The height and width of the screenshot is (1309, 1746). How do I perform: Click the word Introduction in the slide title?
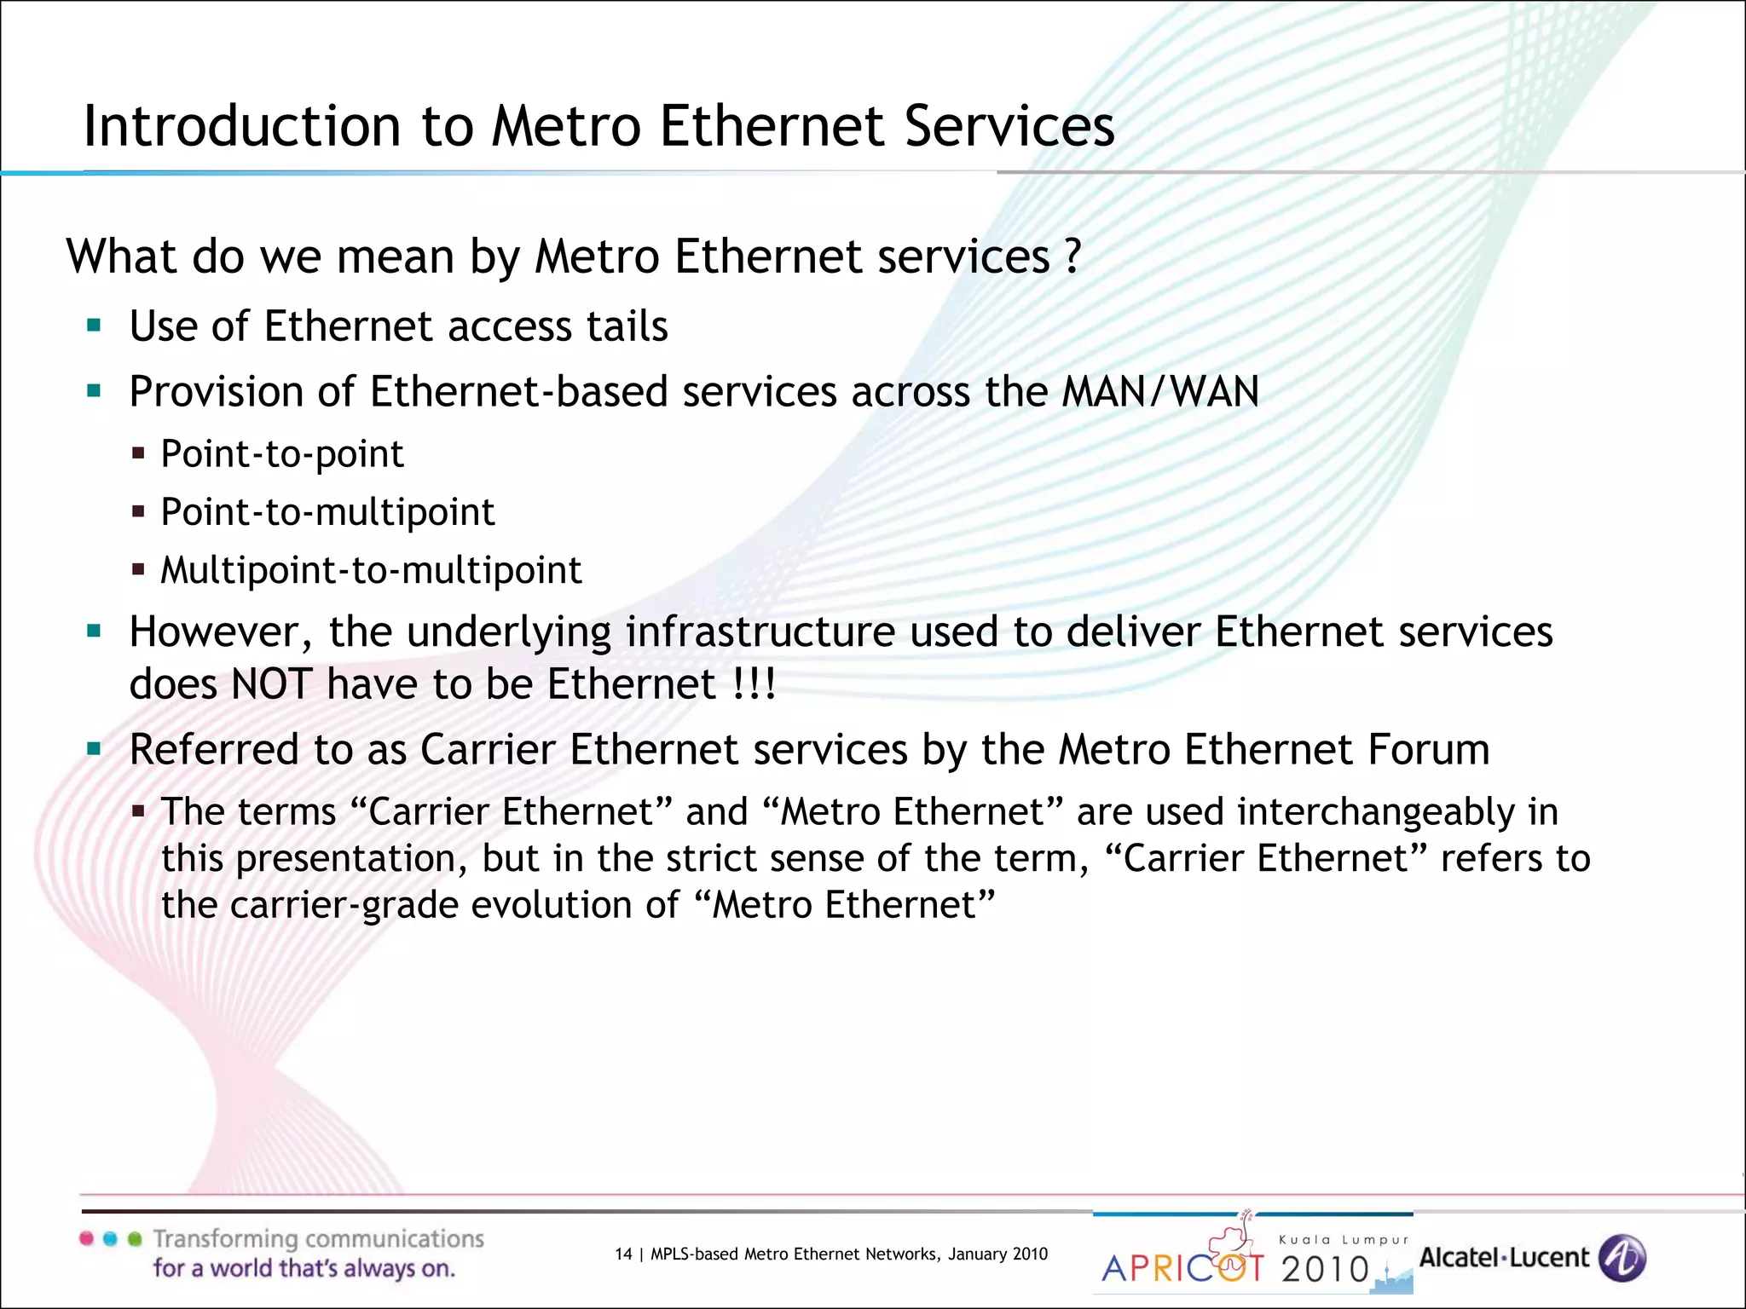pos(241,126)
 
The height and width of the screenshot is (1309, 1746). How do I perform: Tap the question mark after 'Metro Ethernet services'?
pos(1072,256)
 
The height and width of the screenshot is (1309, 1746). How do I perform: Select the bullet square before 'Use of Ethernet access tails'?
pos(94,325)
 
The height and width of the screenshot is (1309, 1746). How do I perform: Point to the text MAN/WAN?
pos(1160,392)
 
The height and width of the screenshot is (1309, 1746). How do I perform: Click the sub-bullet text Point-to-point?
pos(281,453)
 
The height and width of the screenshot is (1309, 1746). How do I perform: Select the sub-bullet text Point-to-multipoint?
pos(327,511)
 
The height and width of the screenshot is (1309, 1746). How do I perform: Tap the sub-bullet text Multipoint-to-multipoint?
pos(371,570)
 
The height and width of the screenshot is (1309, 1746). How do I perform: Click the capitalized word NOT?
pos(271,684)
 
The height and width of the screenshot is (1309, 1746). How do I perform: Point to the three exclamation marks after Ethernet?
pos(754,684)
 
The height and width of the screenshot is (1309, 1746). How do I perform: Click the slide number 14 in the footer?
pos(623,1254)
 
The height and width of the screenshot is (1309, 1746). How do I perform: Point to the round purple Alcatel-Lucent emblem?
pos(1622,1258)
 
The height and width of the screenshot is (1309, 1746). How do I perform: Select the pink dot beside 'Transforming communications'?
pos(86,1239)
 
